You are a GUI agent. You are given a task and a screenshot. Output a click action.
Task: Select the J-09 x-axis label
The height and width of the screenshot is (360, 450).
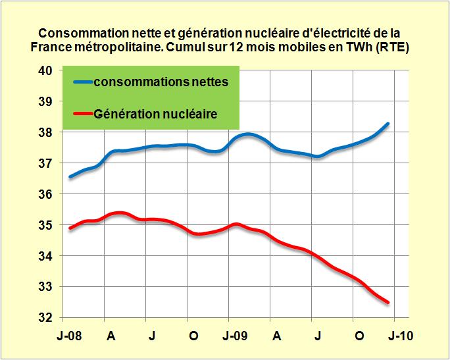pos(234,335)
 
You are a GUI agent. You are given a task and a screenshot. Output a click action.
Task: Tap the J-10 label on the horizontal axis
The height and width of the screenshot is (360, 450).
pos(399,335)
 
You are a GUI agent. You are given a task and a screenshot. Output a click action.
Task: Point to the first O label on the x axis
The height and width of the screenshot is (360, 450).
pos(193,335)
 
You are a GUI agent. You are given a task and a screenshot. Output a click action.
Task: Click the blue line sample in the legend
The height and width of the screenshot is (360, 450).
pos(80,82)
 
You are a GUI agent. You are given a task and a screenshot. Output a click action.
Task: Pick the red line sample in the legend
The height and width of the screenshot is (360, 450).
pos(80,114)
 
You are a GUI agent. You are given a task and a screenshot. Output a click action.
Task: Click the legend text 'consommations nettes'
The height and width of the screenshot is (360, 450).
pos(161,82)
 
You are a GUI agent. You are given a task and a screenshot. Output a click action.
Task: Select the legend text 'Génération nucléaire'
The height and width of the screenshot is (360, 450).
pos(155,114)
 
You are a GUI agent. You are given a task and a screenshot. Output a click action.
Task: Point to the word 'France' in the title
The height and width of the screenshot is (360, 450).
pos(52,47)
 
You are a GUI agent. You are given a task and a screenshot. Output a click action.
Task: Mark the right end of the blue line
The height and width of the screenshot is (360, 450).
pos(388,124)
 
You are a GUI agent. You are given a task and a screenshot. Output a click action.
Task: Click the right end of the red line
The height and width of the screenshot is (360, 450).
pos(388,302)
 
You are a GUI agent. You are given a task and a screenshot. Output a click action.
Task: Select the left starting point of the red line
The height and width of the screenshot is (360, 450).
pos(70,228)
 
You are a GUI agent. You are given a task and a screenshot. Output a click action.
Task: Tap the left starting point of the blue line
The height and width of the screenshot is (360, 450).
pos(70,176)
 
